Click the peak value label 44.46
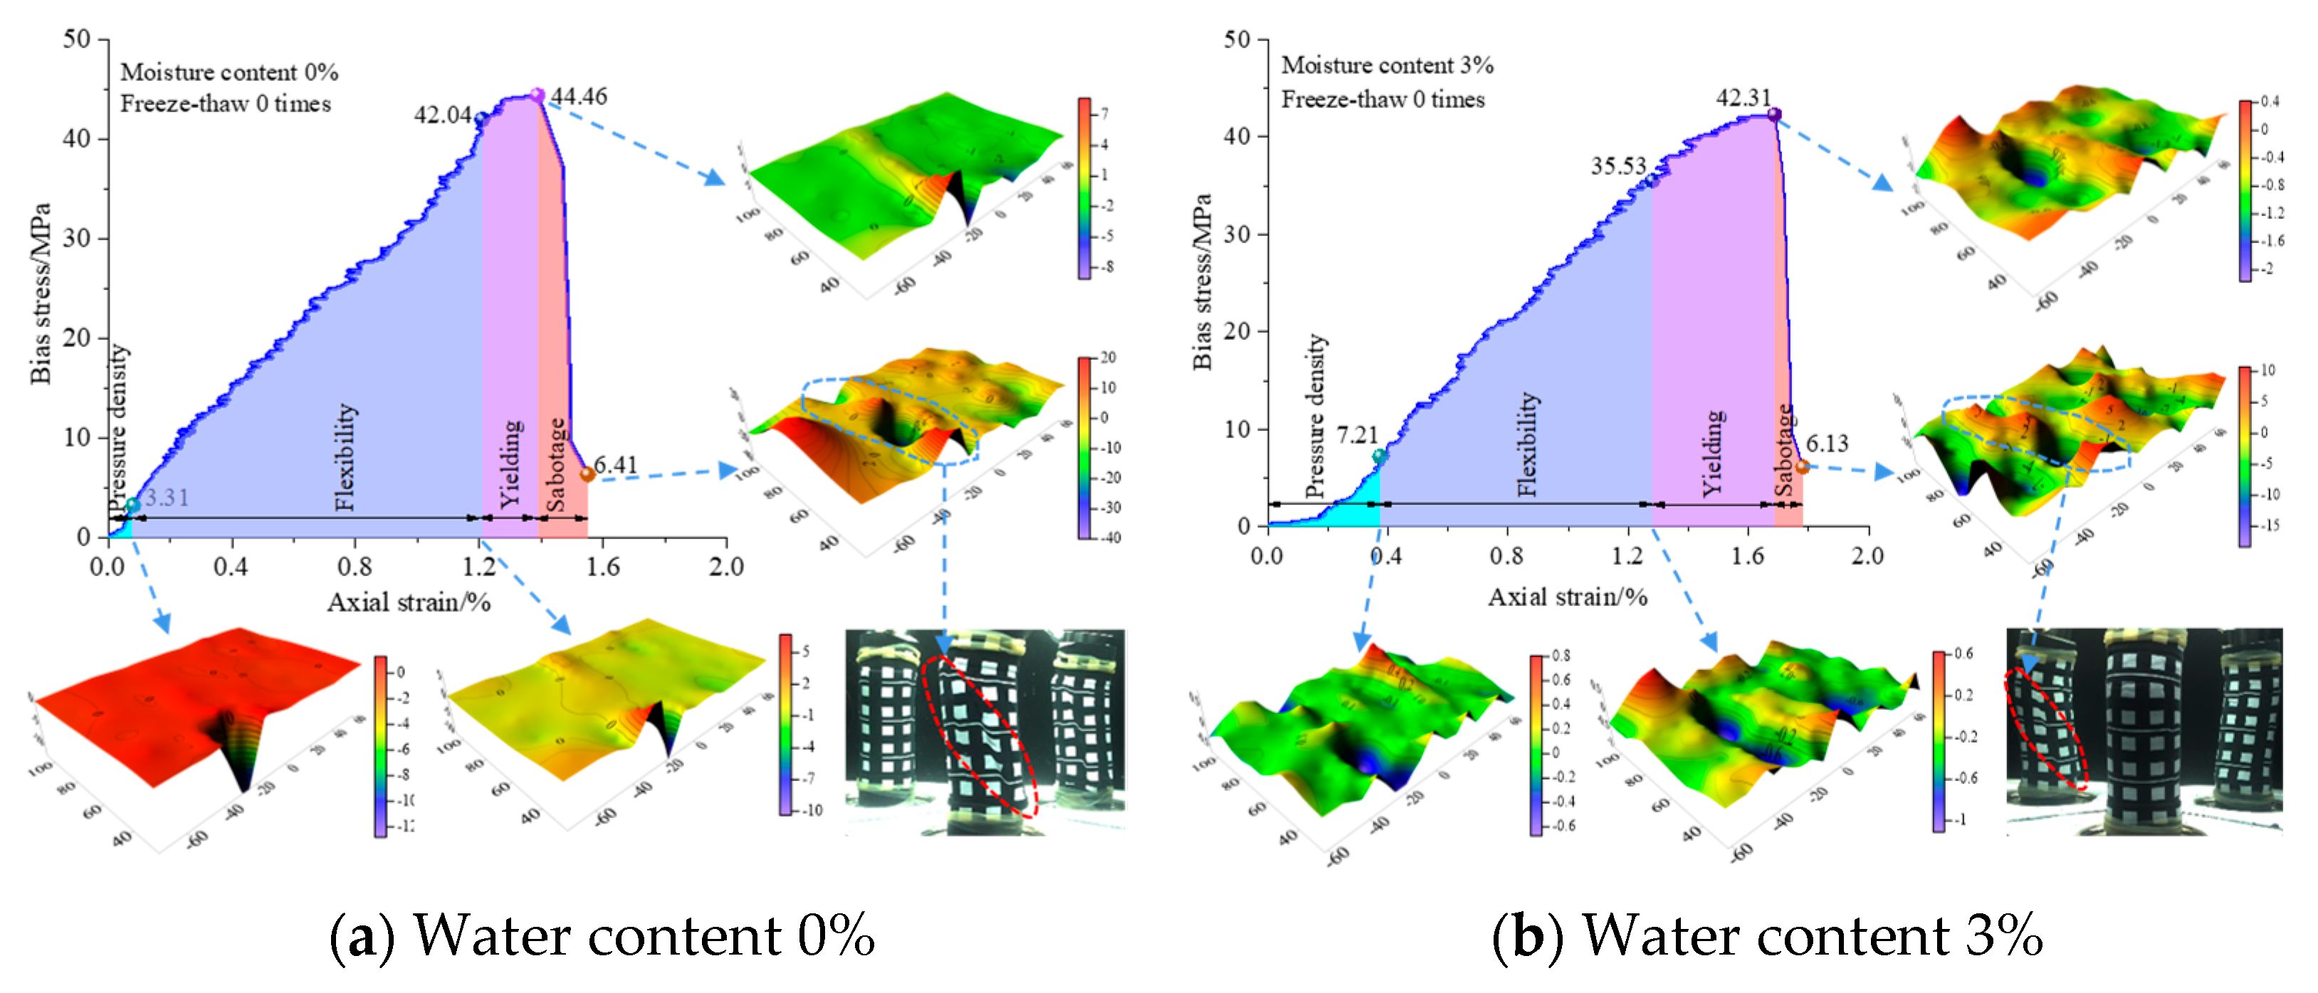(579, 95)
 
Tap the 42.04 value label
(442, 115)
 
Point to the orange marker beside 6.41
(587, 474)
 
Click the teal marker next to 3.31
(133, 504)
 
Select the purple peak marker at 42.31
(1773, 115)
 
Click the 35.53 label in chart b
(1618, 166)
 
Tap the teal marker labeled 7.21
(1380, 456)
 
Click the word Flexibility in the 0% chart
(345, 457)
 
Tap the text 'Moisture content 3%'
(1387, 65)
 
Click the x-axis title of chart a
(409, 602)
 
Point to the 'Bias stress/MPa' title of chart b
(1202, 282)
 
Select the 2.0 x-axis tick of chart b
(1867, 556)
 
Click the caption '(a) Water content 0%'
(601, 936)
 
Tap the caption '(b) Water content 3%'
(1766, 936)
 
